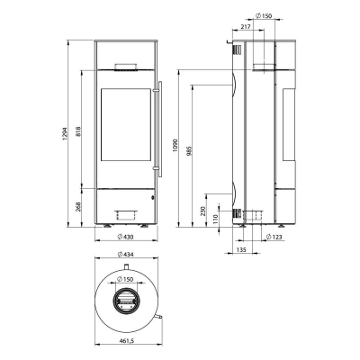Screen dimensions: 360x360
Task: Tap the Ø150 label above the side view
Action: (x=265, y=15)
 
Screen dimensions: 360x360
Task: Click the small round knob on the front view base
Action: (x=153, y=195)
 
